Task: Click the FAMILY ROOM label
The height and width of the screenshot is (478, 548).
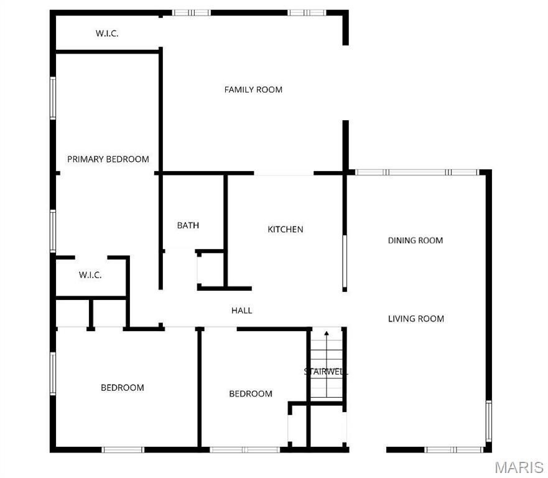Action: (x=253, y=90)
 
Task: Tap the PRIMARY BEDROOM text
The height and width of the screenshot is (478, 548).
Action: (x=108, y=159)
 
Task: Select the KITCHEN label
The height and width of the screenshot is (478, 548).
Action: (x=286, y=230)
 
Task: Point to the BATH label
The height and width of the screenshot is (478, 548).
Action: (x=188, y=225)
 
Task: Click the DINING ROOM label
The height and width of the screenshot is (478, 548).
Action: (x=416, y=240)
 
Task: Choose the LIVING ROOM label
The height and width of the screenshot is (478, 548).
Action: (x=416, y=319)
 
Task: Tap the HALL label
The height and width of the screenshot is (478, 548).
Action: (x=241, y=310)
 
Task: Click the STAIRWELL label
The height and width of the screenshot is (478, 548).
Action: (x=326, y=372)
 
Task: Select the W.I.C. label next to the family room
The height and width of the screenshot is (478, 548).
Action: (x=107, y=34)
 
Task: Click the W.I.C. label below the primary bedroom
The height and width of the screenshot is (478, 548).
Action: (x=90, y=275)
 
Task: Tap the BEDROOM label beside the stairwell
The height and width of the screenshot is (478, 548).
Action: (x=251, y=393)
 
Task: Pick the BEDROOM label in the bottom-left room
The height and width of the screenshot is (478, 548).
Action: (x=123, y=388)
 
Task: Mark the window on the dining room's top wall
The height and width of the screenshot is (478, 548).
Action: (x=416, y=172)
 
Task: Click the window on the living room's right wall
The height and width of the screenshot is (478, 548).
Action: (x=488, y=421)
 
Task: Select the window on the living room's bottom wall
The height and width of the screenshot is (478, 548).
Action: (x=453, y=449)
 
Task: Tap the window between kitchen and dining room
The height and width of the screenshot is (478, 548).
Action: (x=344, y=261)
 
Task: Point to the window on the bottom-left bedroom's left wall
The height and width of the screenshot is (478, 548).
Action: (x=53, y=373)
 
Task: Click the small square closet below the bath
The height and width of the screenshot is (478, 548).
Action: (x=210, y=269)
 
